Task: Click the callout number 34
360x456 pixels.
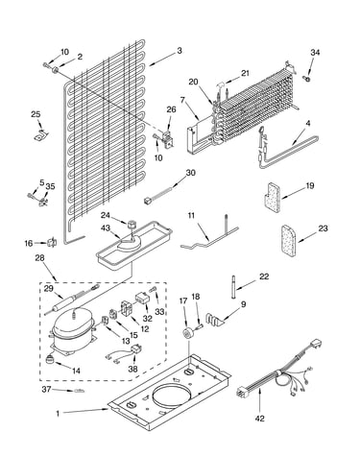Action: [315, 52]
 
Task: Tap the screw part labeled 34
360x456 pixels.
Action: [306, 78]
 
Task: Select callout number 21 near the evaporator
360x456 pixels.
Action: [245, 73]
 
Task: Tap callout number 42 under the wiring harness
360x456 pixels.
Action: [260, 419]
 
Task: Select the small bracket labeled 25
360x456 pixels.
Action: [40, 135]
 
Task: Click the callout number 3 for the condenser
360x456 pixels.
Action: [180, 51]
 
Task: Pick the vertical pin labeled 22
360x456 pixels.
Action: [234, 286]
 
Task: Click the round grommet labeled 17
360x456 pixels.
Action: [186, 333]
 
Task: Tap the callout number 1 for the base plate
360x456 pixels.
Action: [58, 414]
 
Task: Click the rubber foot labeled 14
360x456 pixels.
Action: [50, 359]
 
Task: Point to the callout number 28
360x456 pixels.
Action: [39, 257]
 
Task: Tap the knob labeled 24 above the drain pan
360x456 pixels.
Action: [131, 224]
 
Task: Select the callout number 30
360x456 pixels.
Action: [190, 173]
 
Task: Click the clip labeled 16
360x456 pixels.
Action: [52, 243]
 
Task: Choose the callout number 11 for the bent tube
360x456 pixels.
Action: [191, 215]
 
